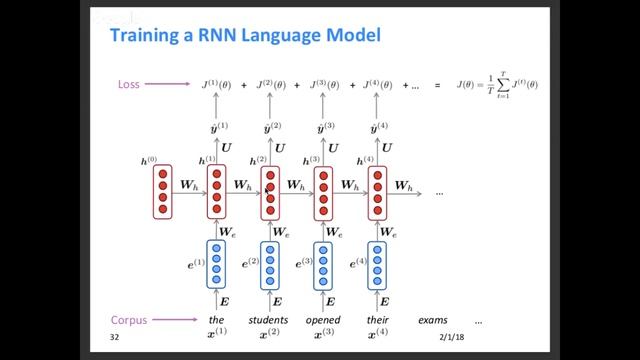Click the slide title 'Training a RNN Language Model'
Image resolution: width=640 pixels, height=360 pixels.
(x=244, y=38)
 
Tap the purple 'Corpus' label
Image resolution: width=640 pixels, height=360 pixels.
(x=126, y=321)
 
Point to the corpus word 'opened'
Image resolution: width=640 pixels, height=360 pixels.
(x=323, y=321)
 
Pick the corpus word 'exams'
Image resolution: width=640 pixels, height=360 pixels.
(x=431, y=321)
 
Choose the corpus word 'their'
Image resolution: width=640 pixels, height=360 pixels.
(x=377, y=321)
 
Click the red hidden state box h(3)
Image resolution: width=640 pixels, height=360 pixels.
(x=323, y=191)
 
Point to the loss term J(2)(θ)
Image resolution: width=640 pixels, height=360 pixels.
(x=270, y=85)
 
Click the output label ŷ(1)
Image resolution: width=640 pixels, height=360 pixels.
(x=217, y=129)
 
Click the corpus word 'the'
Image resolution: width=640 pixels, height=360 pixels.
(x=216, y=321)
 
